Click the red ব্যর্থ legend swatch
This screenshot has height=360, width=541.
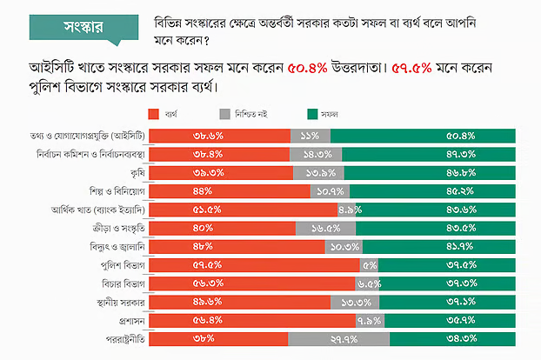(x=154, y=114)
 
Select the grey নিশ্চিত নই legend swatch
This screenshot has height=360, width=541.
(x=225, y=114)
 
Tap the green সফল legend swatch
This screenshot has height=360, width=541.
(x=312, y=114)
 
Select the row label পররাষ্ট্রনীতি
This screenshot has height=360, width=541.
(x=123, y=339)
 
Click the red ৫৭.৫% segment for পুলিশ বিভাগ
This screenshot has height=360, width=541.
(x=255, y=265)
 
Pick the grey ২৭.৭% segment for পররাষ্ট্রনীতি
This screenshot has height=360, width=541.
(x=338, y=339)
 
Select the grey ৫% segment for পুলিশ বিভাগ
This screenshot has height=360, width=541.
(x=369, y=265)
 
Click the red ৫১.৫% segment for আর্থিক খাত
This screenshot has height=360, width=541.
(x=244, y=210)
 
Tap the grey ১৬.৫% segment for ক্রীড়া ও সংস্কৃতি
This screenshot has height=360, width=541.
(x=324, y=228)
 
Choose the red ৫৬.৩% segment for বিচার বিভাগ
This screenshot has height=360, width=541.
(x=252, y=283)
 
